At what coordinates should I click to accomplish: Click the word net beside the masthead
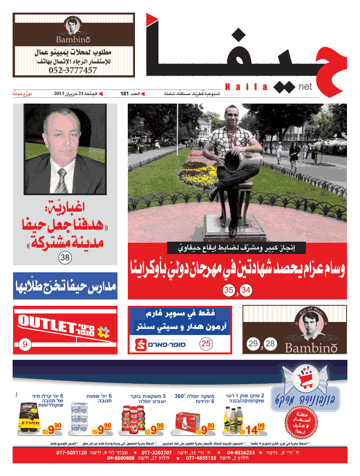point(306,85)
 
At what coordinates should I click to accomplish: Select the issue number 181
point(125,94)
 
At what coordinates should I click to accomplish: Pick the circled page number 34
point(246,290)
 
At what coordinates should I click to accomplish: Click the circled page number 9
point(25,345)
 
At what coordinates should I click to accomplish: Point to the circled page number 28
point(270,345)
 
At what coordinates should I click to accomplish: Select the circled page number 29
point(253,345)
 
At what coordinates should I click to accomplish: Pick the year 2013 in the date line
point(60,94)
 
